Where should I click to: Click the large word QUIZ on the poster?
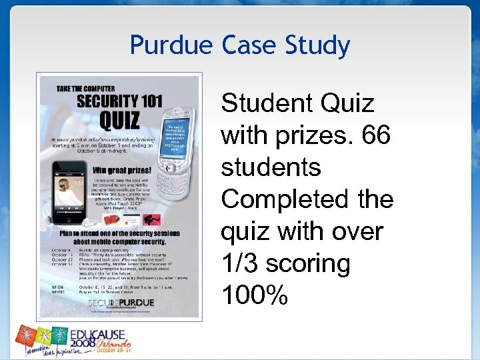tap(119, 121)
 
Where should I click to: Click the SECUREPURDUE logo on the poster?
tap(121, 302)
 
